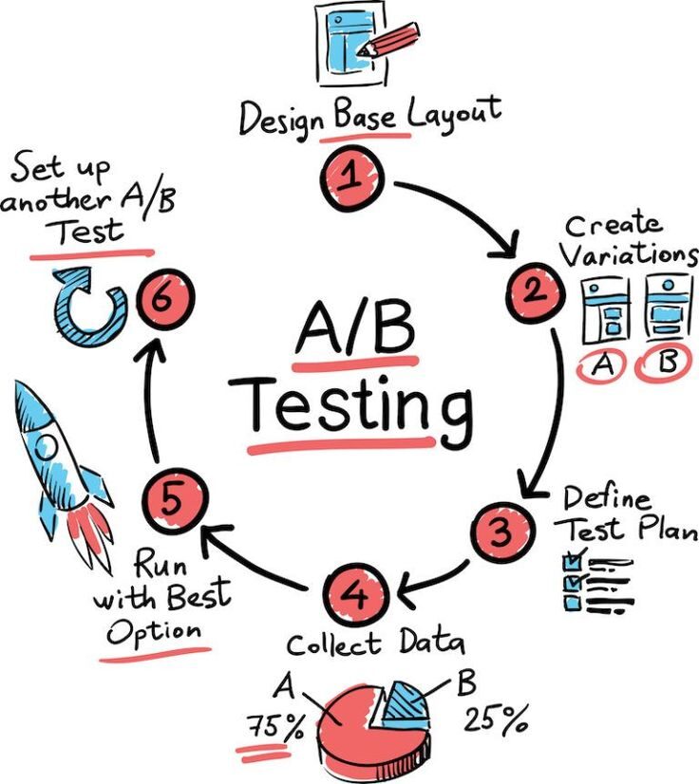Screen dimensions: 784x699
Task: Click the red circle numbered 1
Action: pos(350,177)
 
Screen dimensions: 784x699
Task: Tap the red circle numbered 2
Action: pos(534,292)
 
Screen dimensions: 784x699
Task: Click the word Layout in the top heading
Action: pos(454,116)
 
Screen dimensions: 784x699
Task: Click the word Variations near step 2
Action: pos(630,256)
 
